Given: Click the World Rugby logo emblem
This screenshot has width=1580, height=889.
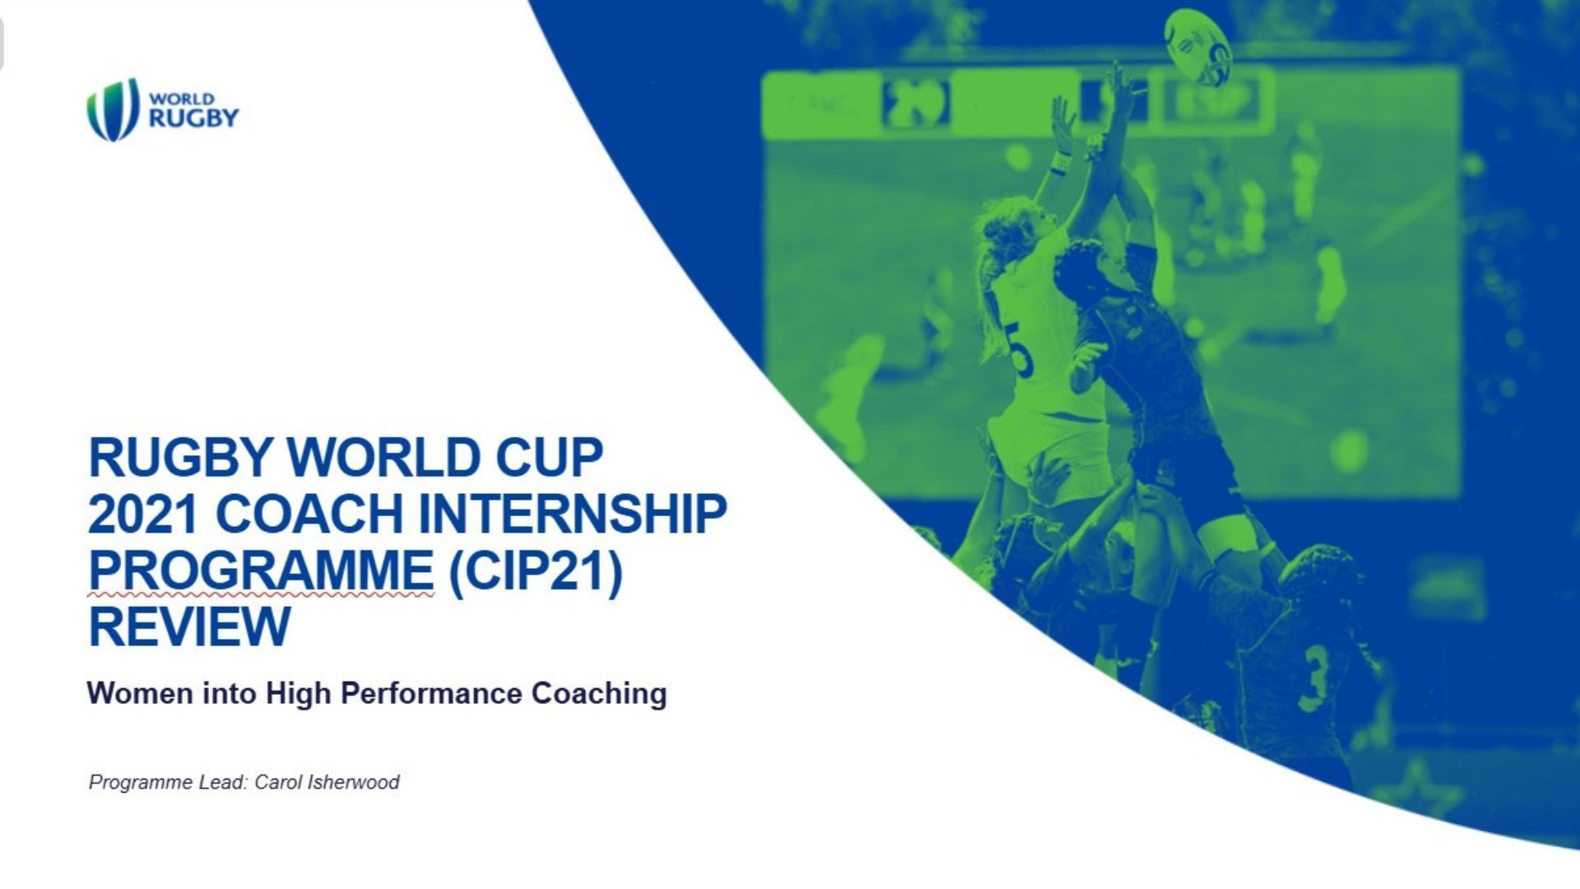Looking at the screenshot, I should tap(113, 109).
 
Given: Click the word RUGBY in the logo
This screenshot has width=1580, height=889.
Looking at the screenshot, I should tap(193, 118).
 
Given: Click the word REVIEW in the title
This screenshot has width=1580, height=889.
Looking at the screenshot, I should tap(189, 626).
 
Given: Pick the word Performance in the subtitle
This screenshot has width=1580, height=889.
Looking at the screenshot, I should tap(431, 693).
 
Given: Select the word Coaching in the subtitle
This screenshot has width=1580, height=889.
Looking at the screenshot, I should tap(599, 693).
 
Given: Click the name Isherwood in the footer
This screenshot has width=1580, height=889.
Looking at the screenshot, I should tap(353, 782).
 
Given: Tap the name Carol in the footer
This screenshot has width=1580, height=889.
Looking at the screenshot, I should tap(278, 782).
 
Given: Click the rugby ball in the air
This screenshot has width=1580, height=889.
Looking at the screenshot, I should tap(1198, 46).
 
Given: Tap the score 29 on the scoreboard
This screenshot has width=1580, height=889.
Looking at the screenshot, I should tap(915, 105).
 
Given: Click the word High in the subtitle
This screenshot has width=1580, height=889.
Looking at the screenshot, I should tap(298, 693).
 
